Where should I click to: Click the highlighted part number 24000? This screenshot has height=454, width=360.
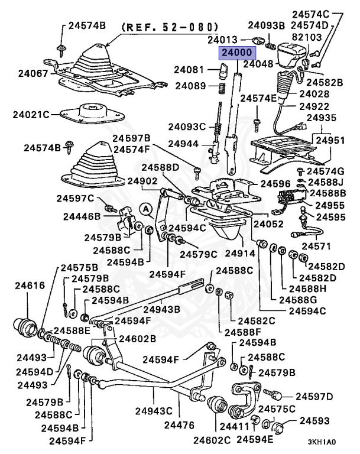click(x=236, y=53)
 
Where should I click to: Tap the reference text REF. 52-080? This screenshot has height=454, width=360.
click(x=170, y=27)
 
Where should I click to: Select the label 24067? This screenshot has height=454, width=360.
click(x=31, y=73)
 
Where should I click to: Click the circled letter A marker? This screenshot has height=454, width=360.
click(x=146, y=208)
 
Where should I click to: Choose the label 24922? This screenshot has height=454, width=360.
click(x=314, y=106)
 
